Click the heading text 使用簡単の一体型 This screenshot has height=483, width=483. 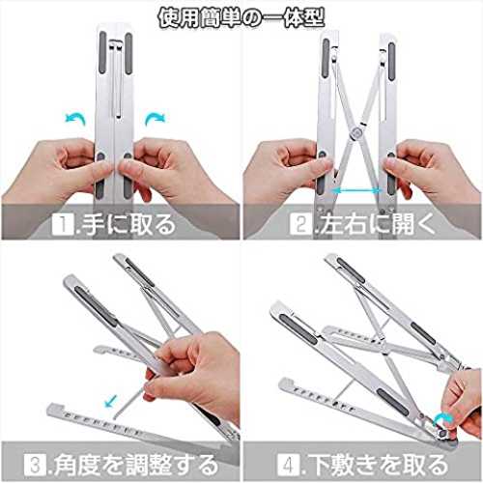[x=241, y=18]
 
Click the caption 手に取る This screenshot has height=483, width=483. [x=128, y=224]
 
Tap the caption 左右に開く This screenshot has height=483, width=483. [x=377, y=224]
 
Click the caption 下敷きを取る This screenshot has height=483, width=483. [x=378, y=465]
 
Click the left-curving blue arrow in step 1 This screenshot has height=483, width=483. [x=76, y=118]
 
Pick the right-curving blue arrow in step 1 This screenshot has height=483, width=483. [x=155, y=118]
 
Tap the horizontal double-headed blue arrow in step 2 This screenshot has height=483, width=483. [x=356, y=190]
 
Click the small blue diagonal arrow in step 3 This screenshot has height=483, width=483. [x=111, y=402]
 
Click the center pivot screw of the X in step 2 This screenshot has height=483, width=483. [x=356, y=131]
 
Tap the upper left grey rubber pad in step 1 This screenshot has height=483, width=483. [x=102, y=52]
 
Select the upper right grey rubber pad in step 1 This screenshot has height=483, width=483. [x=128, y=53]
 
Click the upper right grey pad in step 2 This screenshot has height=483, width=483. [x=391, y=61]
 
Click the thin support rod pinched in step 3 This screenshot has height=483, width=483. [x=128, y=403]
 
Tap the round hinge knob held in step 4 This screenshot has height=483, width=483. [x=444, y=433]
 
